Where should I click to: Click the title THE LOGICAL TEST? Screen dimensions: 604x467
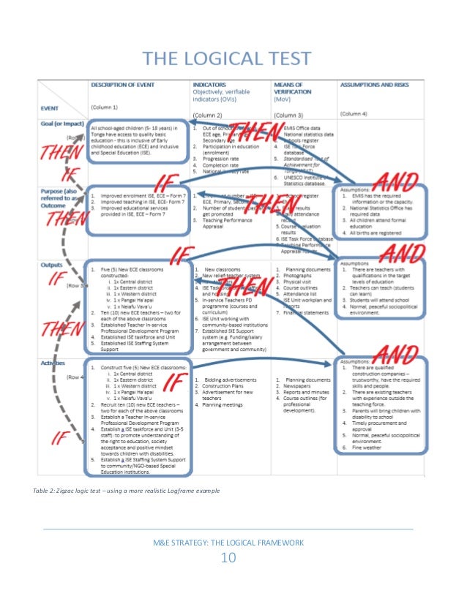226,58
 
